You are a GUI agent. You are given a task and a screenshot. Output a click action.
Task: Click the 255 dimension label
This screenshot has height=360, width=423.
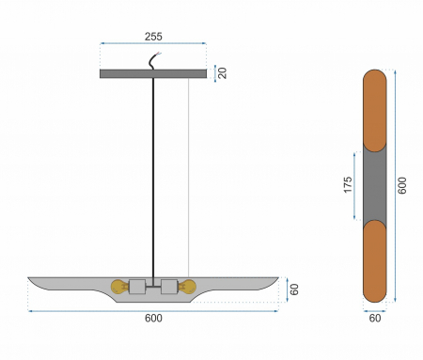(153, 37)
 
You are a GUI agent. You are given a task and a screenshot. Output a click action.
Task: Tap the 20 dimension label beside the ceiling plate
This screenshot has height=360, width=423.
(222, 73)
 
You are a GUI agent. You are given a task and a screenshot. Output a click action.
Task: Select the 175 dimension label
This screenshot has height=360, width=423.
(348, 185)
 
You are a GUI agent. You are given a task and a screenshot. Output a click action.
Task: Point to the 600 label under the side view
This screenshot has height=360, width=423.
(153, 319)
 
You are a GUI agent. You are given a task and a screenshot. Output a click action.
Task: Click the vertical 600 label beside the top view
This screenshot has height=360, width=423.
(402, 185)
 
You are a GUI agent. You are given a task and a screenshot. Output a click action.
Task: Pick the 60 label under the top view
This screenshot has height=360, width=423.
(375, 319)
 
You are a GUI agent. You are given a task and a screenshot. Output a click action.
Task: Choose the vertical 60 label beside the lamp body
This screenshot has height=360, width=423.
(294, 290)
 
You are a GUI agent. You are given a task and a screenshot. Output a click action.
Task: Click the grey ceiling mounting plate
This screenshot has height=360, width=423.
(153, 73)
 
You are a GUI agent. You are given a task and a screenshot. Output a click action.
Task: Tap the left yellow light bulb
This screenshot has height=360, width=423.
(119, 287)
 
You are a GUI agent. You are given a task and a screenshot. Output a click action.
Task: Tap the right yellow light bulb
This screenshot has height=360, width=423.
(187, 287)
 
